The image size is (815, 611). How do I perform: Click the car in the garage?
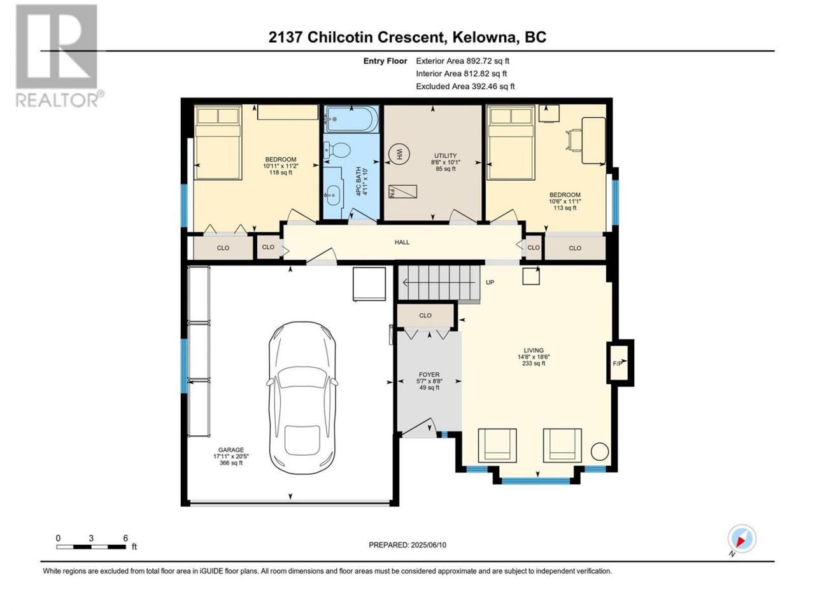(302, 398)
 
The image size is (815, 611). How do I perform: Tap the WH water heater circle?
(399, 154)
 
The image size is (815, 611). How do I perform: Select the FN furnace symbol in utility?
(402, 192)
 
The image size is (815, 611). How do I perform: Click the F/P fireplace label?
(617, 363)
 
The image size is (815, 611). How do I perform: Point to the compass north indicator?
(742, 538)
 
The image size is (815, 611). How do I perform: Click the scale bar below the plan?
(91, 547)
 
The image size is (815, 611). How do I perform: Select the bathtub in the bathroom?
(351, 119)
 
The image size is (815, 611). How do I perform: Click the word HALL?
(402, 242)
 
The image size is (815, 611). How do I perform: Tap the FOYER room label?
(429, 375)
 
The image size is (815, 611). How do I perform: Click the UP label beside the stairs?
(490, 283)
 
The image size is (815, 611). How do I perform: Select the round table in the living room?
(599, 452)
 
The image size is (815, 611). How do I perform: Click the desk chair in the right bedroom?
(574, 140)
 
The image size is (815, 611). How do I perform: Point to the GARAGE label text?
(231, 450)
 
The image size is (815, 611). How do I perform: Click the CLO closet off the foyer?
(425, 315)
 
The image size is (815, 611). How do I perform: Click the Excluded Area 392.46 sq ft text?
(465, 87)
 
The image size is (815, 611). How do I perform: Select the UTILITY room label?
(445, 156)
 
